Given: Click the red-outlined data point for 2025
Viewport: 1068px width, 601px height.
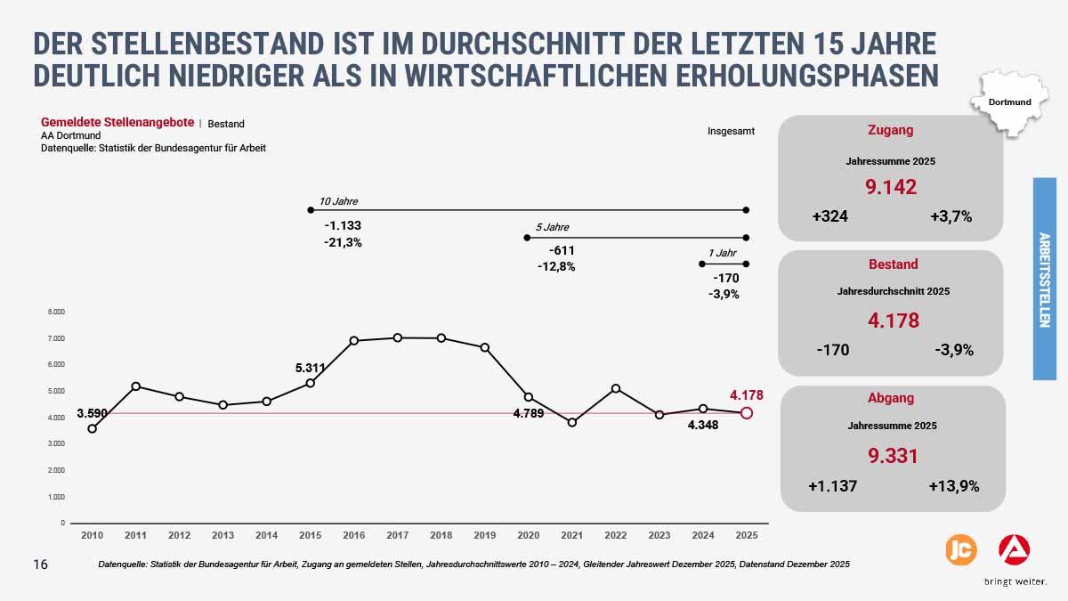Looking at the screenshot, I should click(x=747, y=413).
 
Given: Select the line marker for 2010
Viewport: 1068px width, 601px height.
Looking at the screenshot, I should click(x=92, y=428).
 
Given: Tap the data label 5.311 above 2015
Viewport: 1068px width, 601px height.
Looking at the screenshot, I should click(x=310, y=367).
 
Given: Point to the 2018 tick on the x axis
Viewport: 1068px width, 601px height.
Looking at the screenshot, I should click(x=441, y=535).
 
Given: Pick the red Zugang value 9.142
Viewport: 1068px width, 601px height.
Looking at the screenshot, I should click(x=891, y=187).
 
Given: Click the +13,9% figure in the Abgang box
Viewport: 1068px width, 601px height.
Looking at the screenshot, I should click(x=953, y=486).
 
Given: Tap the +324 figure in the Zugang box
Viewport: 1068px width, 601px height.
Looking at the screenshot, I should click(x=829, y=216).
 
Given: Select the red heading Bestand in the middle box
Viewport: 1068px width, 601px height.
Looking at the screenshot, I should click(x=892, y=264).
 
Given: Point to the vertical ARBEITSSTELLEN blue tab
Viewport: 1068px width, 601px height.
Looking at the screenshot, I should click(x=1044, y=279).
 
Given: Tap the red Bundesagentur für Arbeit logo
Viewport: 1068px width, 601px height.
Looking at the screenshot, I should click(x=1014, y=550).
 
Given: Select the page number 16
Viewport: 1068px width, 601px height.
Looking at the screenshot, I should click(x=40, y=564).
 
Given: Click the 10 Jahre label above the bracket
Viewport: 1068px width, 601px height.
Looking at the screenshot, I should click(x=338, y=201).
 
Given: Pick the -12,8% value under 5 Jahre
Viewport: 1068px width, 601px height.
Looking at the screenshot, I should click(x=556, y=266).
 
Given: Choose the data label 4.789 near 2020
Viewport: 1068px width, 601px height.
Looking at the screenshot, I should click(x=529, y=413).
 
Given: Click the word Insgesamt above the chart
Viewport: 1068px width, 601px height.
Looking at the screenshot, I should click(x=731, y=131).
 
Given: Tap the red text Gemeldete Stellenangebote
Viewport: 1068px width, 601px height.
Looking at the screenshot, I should click(x=117, y=122).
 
